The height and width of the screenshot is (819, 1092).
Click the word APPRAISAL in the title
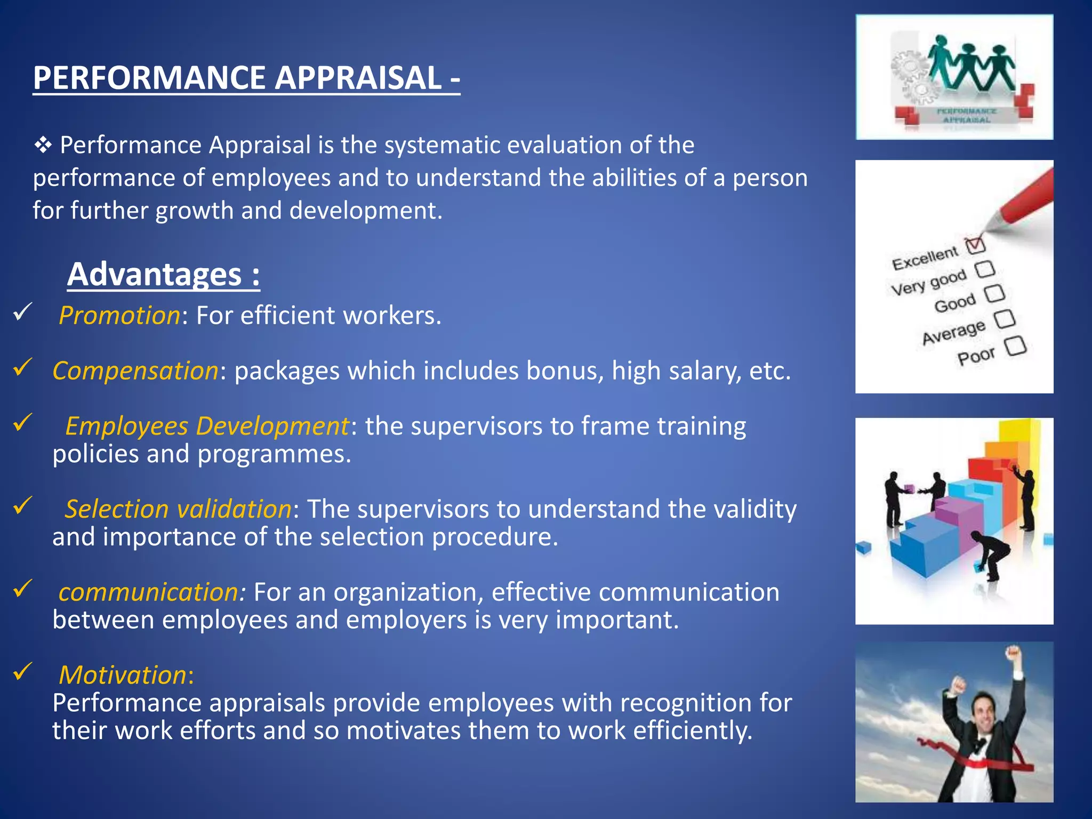click(x=358, y=78)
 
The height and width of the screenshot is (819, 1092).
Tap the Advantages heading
click(x=163, y=275)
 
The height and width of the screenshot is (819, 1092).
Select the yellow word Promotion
click(x=119, y=315)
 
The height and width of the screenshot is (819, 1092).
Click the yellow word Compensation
click(x=135, y=371)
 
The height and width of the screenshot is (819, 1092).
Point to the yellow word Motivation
click(x=123, y=675)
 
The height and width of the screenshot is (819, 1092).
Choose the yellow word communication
click(x=151, y=592)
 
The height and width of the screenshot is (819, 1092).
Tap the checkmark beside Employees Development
click(x=23, y=422)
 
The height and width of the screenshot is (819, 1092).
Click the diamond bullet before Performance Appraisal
click(x=43, y=145)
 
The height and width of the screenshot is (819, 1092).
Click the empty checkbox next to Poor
click(x=1016, y=346)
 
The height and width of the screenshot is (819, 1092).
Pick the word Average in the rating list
click(x=953, y=332)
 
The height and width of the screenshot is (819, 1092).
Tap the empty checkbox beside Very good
click(x=985, y=269)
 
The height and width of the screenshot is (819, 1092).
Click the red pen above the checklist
click(x=1024, y=200)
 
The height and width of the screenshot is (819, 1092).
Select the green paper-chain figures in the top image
click(x=970, y=64)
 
